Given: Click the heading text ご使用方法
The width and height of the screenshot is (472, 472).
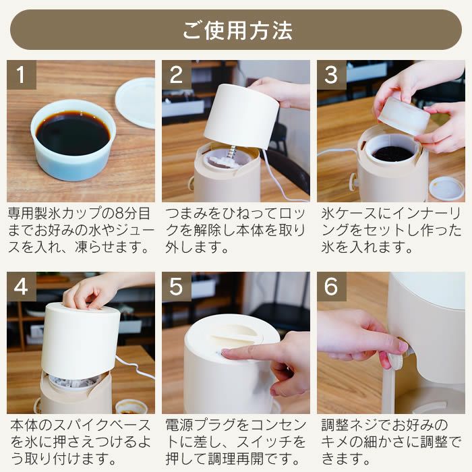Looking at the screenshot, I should click(236, 30).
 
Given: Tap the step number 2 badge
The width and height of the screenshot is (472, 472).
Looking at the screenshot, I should click(176, 75).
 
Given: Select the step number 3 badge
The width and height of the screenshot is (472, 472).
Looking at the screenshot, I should click(331, 75).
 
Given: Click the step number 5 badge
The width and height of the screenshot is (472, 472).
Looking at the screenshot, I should click(176, 287).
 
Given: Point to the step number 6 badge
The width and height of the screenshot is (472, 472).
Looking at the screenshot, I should click(331, 287).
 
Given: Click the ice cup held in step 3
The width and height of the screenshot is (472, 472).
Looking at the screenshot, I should click(403, 115).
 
